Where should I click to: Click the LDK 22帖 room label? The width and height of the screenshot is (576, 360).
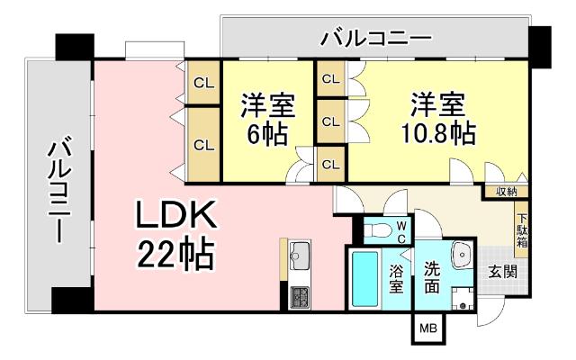pyautogui.click(x=175, y=236)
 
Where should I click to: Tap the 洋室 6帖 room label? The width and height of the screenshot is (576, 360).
pyautogui.click(x=266, y=121)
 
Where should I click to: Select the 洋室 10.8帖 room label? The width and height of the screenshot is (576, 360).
pyautogui.click(x=438, y=119)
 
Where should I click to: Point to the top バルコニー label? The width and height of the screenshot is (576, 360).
pyautogui.click(x=376, y=39)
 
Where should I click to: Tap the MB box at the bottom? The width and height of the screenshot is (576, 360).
pyautogui.click(x=425, y=331)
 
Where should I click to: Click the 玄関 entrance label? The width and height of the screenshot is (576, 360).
pyautogui.click(x=502, y=271)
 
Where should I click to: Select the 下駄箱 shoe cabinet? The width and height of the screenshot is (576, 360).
pyautogui.click(x=522, y=229)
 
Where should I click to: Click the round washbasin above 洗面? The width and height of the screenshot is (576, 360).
pyautogui.click(x=464, y=255)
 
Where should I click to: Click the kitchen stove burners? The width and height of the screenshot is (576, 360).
pyautogui.click(x=299, y=295)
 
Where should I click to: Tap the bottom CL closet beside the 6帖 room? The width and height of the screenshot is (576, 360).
pyautogui.click(x=204, y=144)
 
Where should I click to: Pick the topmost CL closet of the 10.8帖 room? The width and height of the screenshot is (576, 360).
pyautogui.click(x=330, y=79)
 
